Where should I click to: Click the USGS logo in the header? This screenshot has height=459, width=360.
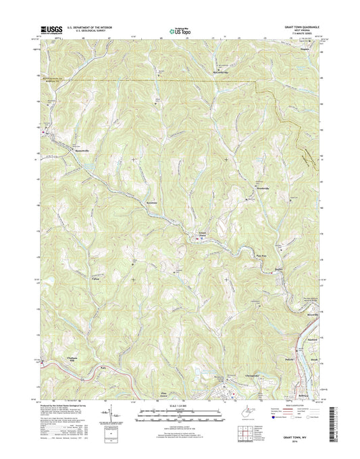click(x=51, y=29)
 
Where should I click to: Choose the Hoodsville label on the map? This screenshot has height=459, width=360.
click(x=262, y=188)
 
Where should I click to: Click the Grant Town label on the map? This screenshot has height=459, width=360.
click(x=201, y=235)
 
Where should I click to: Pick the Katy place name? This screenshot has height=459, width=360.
click(x=103, y=366)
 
